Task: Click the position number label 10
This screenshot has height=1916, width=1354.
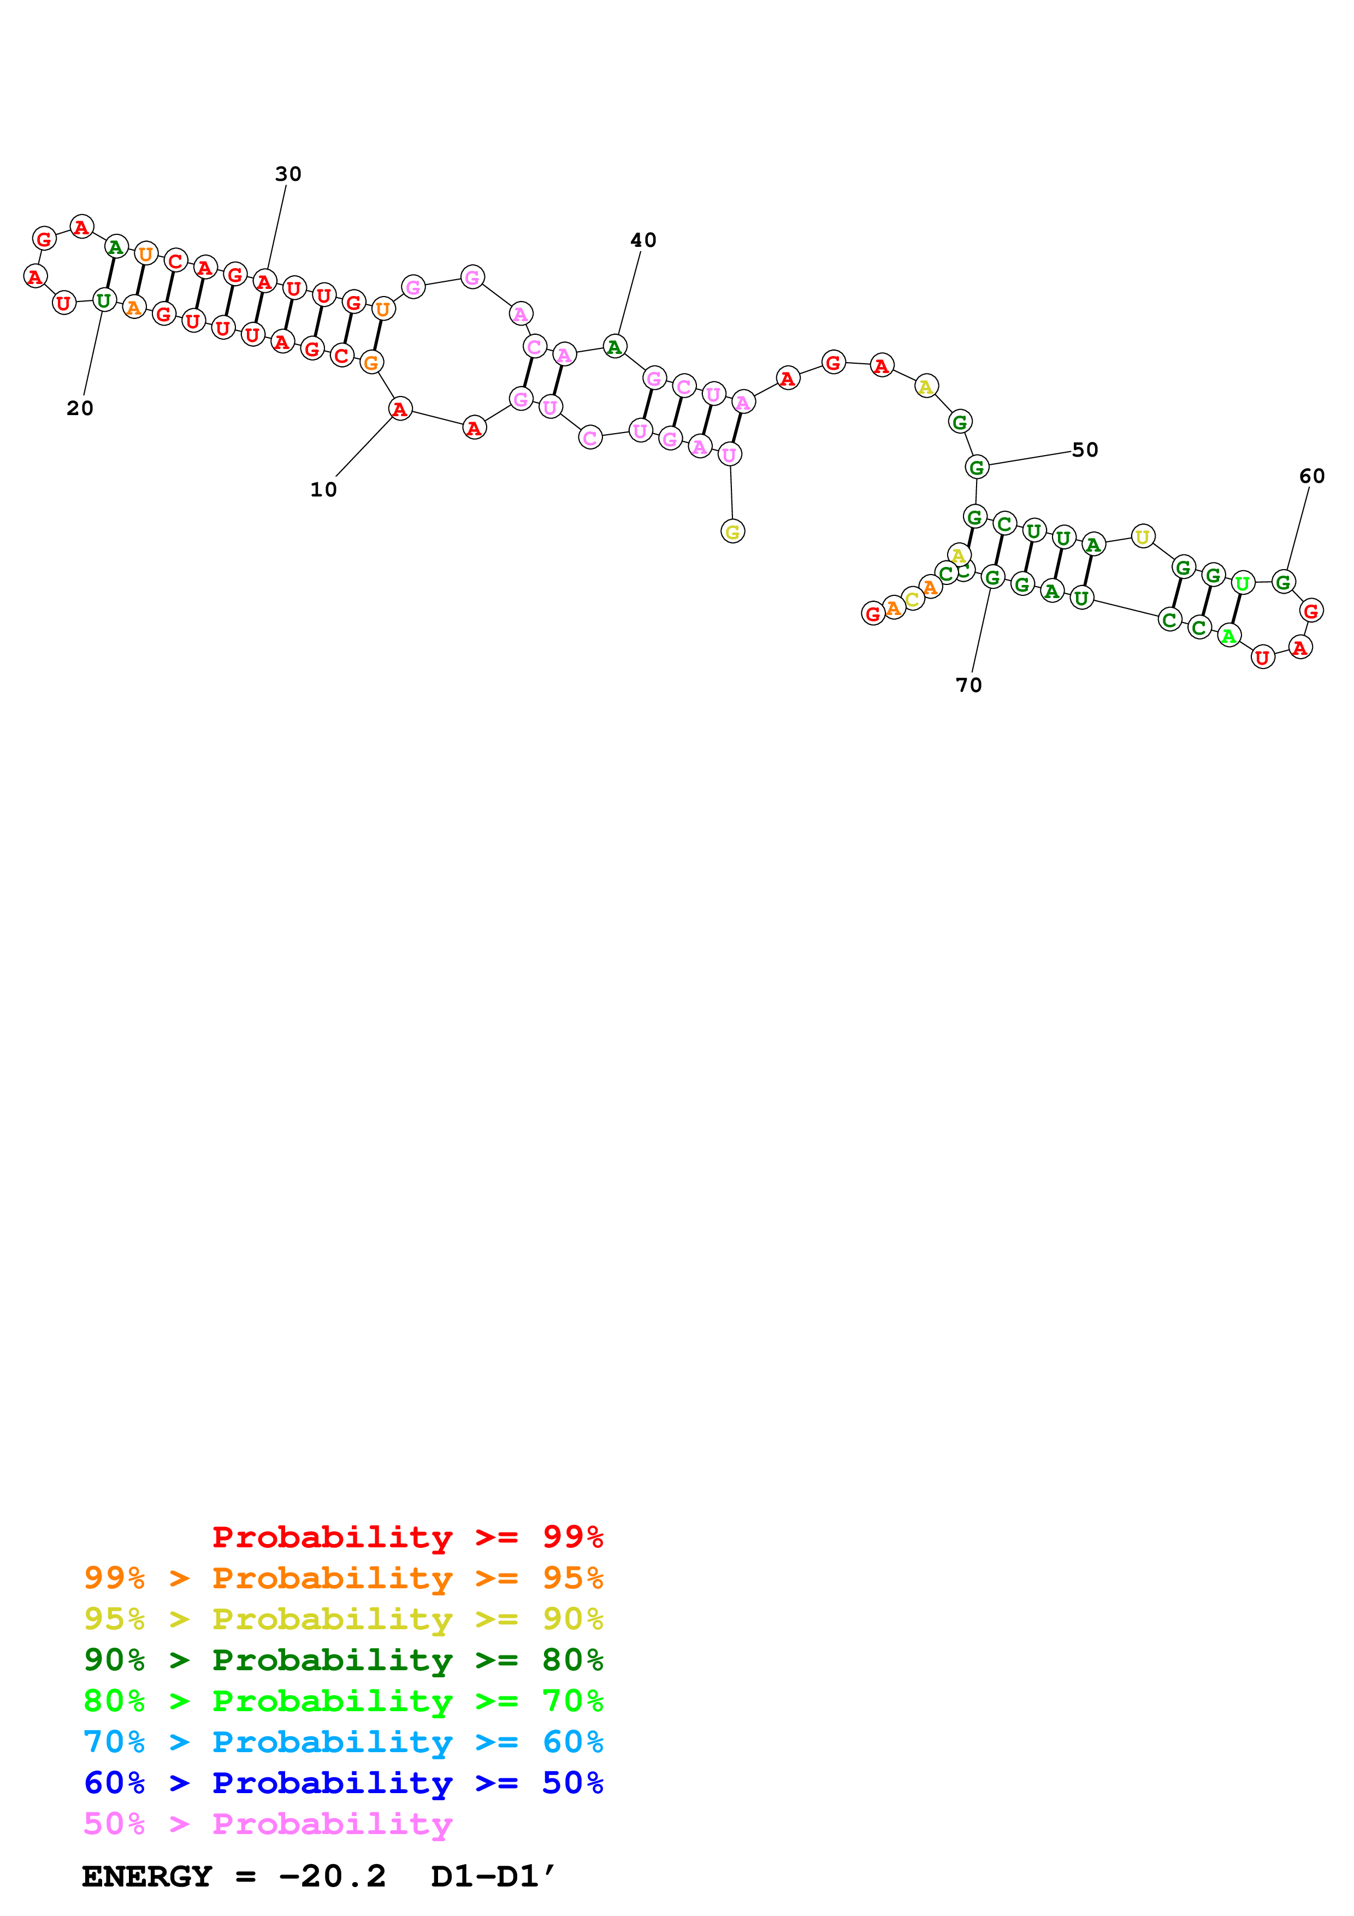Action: [x=324, y=490]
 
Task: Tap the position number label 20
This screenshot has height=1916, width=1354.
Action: [x=80, y=408]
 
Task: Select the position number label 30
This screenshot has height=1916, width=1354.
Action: [x=288, y=174]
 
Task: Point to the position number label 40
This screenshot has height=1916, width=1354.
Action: [x=643, y=240]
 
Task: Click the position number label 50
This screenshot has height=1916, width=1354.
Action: [x=1085, y=450]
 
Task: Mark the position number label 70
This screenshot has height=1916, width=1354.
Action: [x=968, y=685]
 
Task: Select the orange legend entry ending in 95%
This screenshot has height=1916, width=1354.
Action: [x=343, y=1578]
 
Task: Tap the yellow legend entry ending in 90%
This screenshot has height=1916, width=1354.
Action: [x=343, y=1619]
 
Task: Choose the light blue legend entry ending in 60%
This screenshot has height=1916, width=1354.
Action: [x=343, y=1742]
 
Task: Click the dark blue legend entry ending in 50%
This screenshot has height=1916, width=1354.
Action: [x=343, y=1783]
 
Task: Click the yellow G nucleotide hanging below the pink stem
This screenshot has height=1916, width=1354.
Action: [x=732, y=531]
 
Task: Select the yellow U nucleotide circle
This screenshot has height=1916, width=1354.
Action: [x=1142, y=536]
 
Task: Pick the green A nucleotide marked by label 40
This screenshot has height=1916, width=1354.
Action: [x=614, y=346]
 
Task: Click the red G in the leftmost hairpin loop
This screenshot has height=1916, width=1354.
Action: [x=44, y=239]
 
